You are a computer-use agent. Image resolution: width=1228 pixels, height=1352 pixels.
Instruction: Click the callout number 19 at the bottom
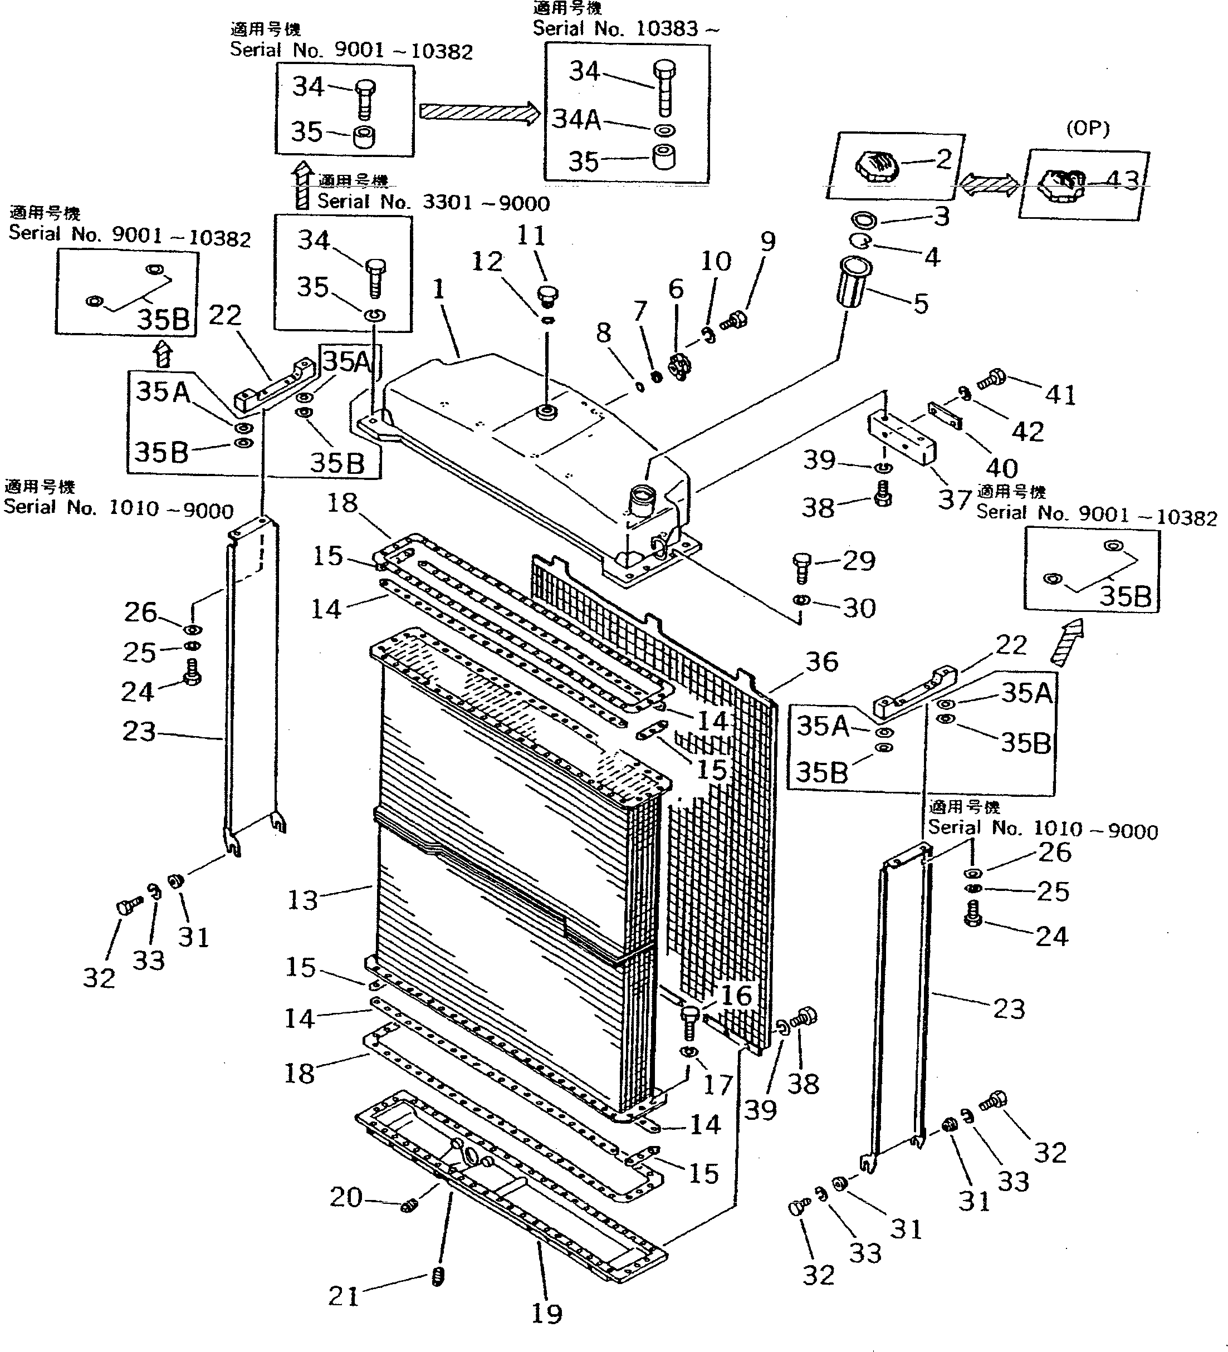coord(546,1313)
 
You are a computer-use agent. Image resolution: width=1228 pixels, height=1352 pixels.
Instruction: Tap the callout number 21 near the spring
coord(344,1296)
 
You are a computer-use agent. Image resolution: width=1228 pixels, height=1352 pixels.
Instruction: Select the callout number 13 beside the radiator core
coord(302,900)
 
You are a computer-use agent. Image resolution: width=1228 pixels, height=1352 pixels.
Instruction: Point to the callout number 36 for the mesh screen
coord(821,662)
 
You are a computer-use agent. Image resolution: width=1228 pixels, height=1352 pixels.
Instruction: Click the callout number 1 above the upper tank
coord(439,289)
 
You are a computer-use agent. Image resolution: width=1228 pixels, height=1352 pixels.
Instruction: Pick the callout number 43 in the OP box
coord(1122,180)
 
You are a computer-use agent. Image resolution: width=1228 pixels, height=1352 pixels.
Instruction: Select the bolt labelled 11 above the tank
coord(548,294)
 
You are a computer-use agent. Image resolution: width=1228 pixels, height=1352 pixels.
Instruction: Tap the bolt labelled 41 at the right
coord(991,380)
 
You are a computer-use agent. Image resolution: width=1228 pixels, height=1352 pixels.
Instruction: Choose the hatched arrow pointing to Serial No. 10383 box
coord(479,112)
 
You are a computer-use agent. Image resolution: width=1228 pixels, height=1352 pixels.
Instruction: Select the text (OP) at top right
coord(1087,129)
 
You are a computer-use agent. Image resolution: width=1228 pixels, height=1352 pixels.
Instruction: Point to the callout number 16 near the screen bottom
coord(736,996)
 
